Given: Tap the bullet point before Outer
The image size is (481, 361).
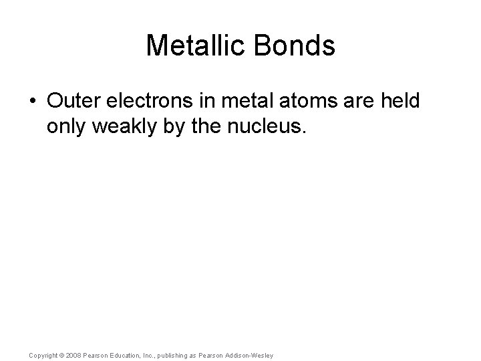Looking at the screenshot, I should (33, 101).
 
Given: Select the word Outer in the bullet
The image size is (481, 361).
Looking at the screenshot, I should (70, 101).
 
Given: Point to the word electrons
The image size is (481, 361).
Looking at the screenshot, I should (144, 101).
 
